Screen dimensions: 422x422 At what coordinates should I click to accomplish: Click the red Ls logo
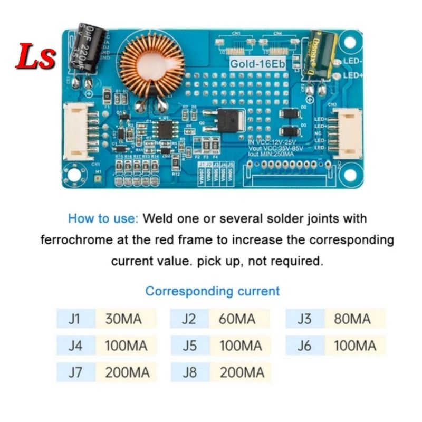coord(35,56)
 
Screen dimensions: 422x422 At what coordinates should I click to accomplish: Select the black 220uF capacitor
coord(88,49)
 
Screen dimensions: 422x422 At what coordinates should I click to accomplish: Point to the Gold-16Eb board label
coord(256,63)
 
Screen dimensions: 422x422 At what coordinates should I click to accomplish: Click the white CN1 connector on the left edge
coord(74,131)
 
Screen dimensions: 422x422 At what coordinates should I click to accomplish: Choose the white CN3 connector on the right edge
coord(346,132)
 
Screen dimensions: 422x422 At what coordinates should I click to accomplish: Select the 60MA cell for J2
coord(237,319)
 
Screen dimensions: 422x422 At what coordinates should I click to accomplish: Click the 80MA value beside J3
coord(352,319)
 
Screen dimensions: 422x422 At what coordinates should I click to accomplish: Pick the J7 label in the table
coord(75,373)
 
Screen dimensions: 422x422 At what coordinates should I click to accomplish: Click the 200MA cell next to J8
coord(241,373)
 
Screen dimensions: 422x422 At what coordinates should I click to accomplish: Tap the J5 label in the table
coord(189,346)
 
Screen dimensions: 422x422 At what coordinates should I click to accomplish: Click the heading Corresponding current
coord(213,291)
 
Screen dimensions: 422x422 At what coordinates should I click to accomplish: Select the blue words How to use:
coord(103,218)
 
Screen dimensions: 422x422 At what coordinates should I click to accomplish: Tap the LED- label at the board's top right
coord(352,61)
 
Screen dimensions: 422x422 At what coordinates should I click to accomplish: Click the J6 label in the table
coord(304,346)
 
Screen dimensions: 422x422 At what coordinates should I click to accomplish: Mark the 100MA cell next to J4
coord(127,346)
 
